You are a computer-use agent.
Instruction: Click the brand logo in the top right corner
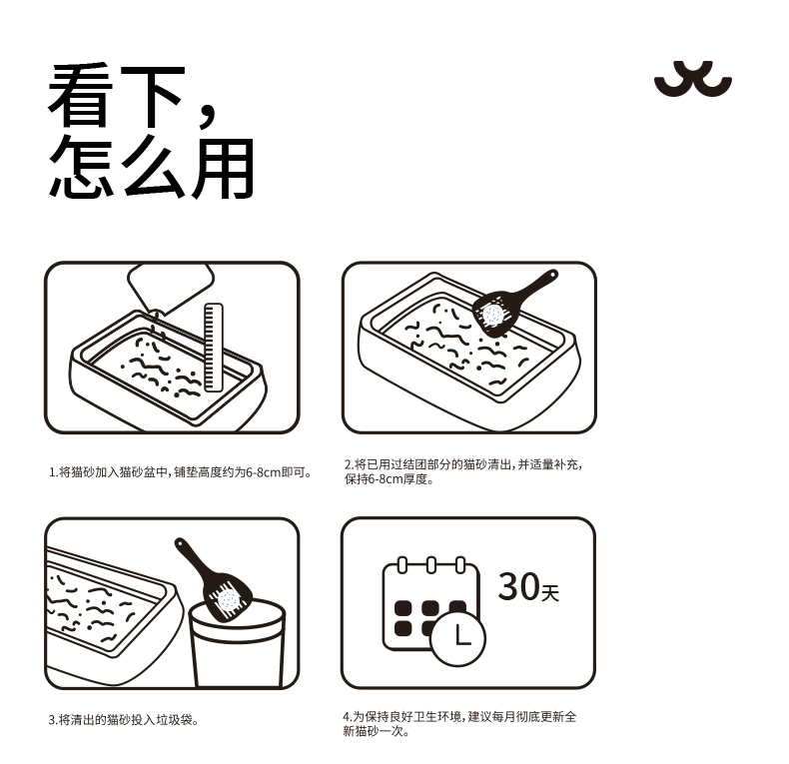click(x=692, y=80)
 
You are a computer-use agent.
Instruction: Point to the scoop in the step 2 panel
click(x=509, y=304)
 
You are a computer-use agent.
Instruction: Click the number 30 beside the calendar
click(x=517, y=587)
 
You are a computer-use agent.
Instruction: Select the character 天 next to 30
click(x=549, y=593)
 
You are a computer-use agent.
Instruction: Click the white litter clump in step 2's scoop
click(x=492, y=314)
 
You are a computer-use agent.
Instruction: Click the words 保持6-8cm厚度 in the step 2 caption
click(x=390, y=479)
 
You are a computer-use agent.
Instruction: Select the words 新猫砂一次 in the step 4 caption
click(x=377, y=731)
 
